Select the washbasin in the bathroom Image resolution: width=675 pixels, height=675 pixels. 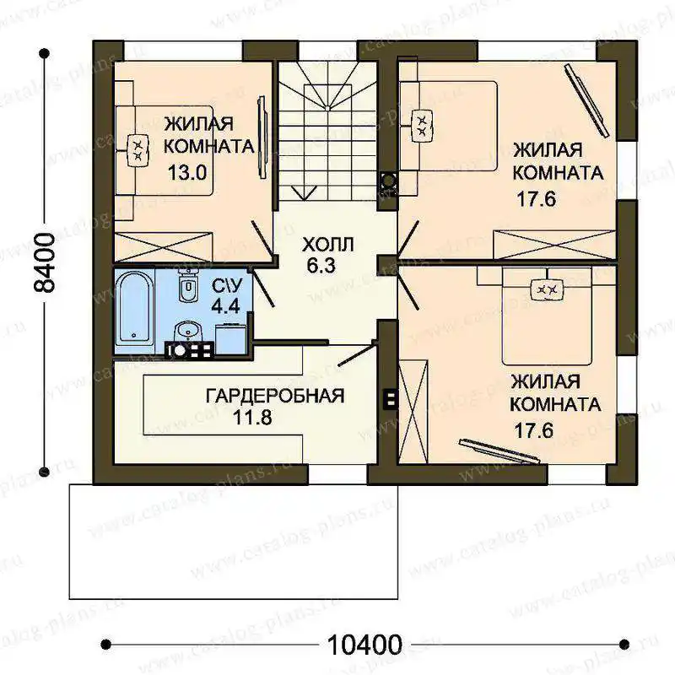187,332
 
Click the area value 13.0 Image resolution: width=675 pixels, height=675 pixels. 187,173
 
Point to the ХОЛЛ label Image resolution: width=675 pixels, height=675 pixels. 328,245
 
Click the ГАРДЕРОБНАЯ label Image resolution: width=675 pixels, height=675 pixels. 275,395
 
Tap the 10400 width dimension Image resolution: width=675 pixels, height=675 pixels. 364,645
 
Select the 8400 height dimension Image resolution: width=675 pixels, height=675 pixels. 45,263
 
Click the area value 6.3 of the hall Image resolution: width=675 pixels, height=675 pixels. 321,266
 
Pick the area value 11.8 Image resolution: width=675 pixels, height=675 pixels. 252,417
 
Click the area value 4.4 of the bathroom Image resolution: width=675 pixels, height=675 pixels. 225,305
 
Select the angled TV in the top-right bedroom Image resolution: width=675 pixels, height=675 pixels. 587,100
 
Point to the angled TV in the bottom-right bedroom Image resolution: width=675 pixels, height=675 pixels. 499,451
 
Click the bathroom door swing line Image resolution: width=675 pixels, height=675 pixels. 262,287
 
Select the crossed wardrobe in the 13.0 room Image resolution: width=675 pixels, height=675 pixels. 163,246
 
